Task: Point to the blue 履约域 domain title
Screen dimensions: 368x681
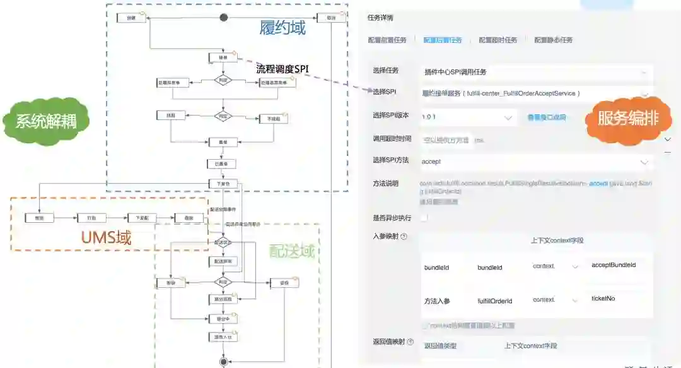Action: point(282,28)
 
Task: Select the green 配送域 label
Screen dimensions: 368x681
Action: point(291,251)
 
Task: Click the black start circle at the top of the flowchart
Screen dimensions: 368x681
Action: point(223,17)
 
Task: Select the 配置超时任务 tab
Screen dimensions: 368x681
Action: point(498,40)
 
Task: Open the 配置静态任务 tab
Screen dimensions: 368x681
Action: point(553,40)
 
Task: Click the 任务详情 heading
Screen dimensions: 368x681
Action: point(384,17)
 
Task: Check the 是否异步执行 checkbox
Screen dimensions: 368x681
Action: point(424,218)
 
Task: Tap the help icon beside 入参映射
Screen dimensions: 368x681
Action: point(404,237)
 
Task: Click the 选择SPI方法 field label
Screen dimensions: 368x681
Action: point(390,160)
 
